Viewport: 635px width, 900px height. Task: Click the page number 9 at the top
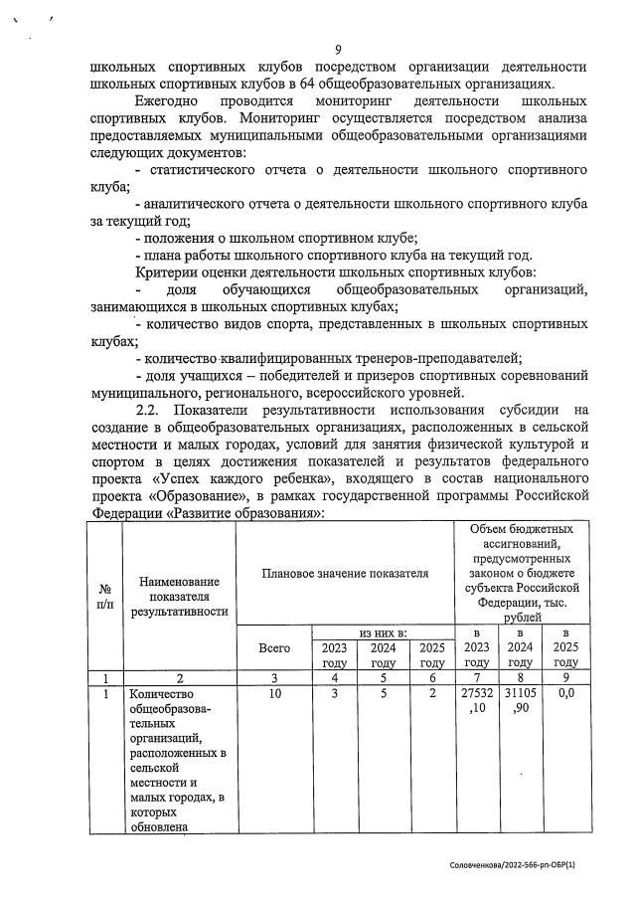[x=338, y=51]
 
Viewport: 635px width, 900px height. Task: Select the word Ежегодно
[x=166, y=101]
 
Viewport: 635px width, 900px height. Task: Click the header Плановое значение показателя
[x=345, y=574]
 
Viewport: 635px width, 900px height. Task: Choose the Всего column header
[x=273, y=647]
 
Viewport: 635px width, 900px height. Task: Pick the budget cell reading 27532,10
[x=477, y=701]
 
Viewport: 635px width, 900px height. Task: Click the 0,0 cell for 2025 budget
[x=565, y=693]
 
